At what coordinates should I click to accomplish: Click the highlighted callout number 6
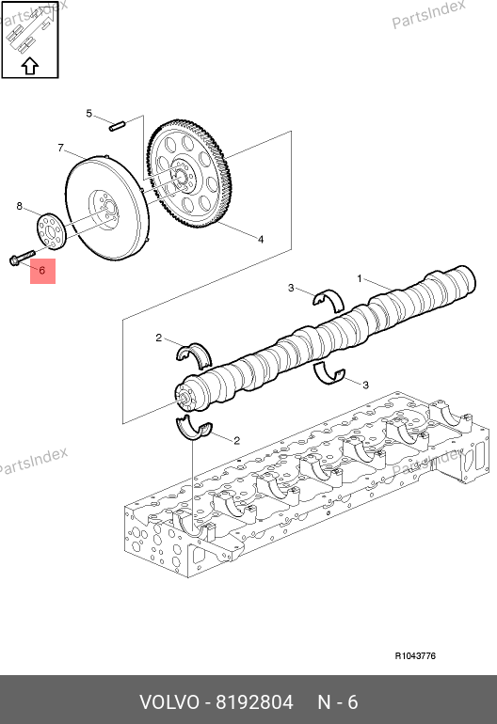[x=42, y=271]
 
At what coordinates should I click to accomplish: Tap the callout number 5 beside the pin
[x=89, y=114]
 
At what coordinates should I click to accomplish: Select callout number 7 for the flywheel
[x=60, y=148]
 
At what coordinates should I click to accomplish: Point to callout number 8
[x=20, y=206]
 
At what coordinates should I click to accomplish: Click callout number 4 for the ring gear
[x=261, y=239]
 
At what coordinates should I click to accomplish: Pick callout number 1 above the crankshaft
[x=360, y=279]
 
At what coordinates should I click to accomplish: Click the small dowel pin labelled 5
[x=118, y=126]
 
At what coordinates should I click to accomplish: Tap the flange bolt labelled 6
[x=22, y=258]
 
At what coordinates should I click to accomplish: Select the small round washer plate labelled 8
[x=52, y=230]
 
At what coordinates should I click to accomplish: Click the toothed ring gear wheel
[x=189, y=175]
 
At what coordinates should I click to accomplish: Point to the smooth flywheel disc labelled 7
[x=106, y=208]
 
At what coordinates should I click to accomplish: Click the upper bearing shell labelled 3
[x=329, y=300]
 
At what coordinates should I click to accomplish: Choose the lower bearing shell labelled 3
[x=329, y=375]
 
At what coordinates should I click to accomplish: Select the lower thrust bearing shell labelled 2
[x=194, y=429]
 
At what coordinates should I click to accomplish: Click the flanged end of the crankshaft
[x=188, y=395]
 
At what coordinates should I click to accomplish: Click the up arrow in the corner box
[x=30, y=66]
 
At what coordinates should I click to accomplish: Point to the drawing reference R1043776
[x=415, y=655]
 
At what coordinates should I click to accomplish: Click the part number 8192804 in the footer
[x=255, y=702]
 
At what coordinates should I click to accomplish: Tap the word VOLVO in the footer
[x=169, y=702]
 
